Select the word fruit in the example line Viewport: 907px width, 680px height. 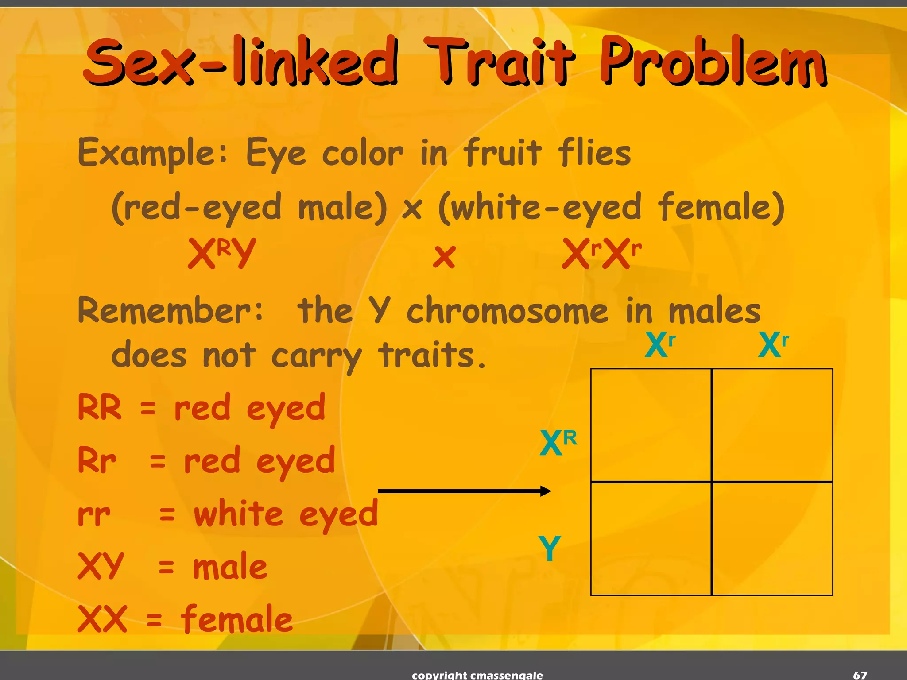coord(503,153)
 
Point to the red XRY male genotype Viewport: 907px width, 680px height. coord(221,253)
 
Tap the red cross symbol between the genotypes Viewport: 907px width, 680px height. coord(444,257)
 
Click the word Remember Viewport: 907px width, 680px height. coord(171,311)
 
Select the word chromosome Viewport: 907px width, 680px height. coord(508,311)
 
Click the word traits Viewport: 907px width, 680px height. coord(432,355)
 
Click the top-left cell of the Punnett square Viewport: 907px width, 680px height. coord(651,425)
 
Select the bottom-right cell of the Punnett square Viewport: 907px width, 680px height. coord(772,539)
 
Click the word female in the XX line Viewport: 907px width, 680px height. coord(237,619)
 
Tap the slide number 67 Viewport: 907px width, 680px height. coord(860,675)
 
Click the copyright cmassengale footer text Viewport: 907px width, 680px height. coord(477,675)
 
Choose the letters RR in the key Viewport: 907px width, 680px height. coord(100,407)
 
